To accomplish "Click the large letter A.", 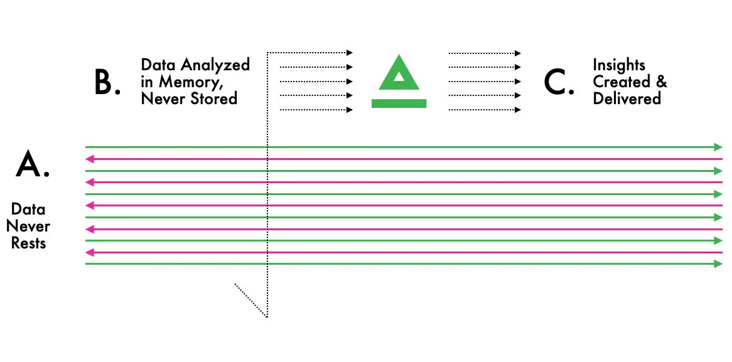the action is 29,164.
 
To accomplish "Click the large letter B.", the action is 104,82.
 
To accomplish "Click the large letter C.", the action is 556,83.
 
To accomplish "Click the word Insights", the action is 618,65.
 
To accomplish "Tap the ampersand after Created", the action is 662,82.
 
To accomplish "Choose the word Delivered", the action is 627,98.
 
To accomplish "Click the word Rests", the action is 28,243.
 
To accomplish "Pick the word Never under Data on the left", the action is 28,226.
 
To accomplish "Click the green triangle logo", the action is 399,72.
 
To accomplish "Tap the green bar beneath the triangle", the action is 399,103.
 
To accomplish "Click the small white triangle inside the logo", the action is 399,75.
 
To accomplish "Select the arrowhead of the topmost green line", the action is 719,147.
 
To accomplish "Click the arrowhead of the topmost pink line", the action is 89,159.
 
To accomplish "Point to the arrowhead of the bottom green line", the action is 719,264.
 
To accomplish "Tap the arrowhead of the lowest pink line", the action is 89,252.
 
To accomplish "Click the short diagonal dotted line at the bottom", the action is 250,300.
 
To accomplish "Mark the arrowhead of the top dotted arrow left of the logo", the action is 350,53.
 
